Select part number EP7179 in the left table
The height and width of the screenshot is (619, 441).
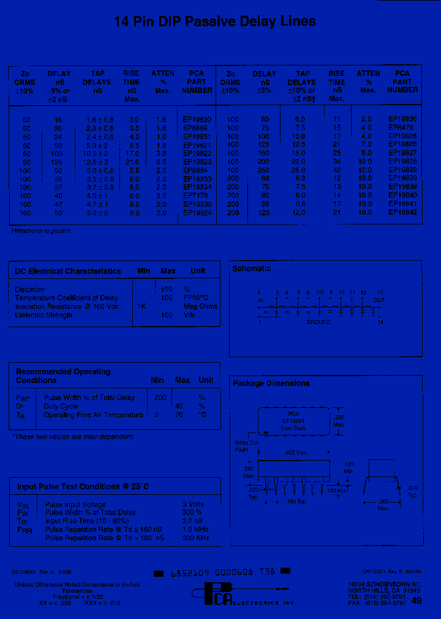196,196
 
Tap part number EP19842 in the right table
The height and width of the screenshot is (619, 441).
402,212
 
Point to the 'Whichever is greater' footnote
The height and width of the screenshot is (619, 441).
41,231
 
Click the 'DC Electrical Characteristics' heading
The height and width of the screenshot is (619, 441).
68,271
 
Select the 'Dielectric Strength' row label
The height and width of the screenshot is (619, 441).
43,315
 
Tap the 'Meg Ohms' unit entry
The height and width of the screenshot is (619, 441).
200,306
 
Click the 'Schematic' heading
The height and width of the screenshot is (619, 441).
251,269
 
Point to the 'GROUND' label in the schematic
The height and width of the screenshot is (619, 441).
318,322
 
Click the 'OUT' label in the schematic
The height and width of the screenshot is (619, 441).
379,300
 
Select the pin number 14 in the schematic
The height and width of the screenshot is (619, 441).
380,322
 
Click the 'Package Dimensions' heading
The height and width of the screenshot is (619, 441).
271,384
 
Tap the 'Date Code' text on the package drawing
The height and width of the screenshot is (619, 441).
293,428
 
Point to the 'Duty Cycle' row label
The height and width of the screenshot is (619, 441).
61,406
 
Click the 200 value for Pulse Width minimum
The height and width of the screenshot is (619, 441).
160,398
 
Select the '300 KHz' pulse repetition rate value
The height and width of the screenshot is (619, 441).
196,538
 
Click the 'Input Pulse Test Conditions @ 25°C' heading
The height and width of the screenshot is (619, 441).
83,486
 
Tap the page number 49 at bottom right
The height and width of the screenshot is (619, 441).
417,601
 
